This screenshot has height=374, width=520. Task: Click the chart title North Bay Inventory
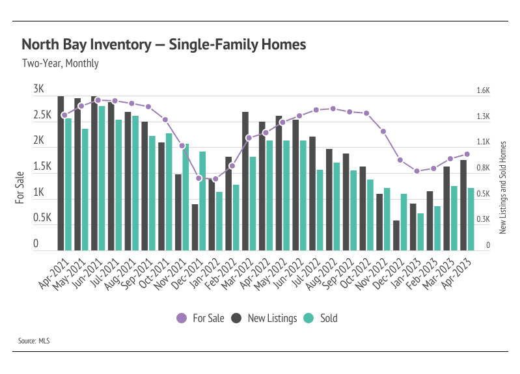click(x=163, y=45)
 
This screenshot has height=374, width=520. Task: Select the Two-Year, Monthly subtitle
click(x=60, y=64)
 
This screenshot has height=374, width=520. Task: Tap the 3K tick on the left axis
click(x=38, y=89)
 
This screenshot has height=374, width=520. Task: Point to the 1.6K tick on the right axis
click(x=483, y=91)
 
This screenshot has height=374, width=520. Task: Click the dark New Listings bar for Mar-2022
click(x=245, y=181)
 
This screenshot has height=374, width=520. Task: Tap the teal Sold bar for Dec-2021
click(x=202, y=200)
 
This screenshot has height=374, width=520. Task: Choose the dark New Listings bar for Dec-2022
click(x=396, y=235)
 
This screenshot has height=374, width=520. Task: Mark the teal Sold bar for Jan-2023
click(x=421, y=232)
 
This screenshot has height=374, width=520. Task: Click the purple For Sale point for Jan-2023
click(x=417, y=171)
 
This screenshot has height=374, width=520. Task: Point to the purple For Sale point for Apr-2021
click(x=64, y=115)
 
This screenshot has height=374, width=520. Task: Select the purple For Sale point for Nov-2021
click(x=182, y=146)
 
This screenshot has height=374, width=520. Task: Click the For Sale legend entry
click(x=200, y=318)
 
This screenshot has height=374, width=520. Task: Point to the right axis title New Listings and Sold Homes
click(x=502, y=187)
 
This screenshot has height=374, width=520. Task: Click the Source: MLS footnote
click(x=36, y=340)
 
